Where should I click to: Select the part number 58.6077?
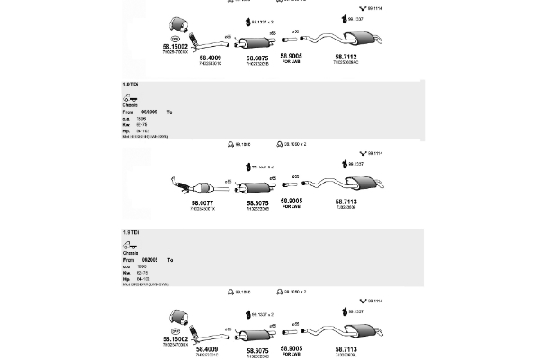point(202,202)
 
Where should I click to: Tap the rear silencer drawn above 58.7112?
point(360,38)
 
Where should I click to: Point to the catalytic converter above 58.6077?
point(200,187)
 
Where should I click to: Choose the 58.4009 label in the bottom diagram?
point(210,349)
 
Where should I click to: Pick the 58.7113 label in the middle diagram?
point(346,202)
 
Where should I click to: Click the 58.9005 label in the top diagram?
point(291,56)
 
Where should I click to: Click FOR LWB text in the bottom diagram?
point(291,354)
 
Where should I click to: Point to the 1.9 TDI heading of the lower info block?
point(130,233)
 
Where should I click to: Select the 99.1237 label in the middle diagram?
point(355,165)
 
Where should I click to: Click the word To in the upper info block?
point(169,112)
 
